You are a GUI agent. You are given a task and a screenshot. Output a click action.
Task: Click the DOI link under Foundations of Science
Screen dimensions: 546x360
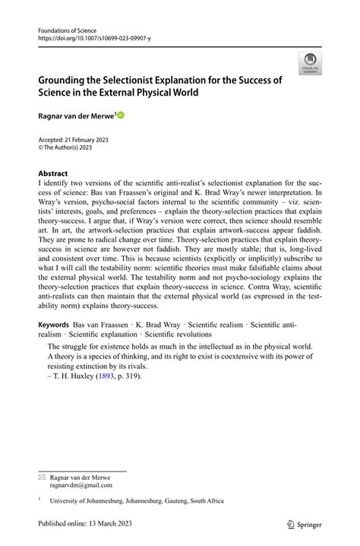coord(90,36)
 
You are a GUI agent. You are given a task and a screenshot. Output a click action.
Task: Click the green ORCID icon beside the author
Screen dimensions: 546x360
coord(120,115)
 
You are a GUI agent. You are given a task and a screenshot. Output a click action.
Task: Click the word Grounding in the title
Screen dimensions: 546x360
coord(68,78)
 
